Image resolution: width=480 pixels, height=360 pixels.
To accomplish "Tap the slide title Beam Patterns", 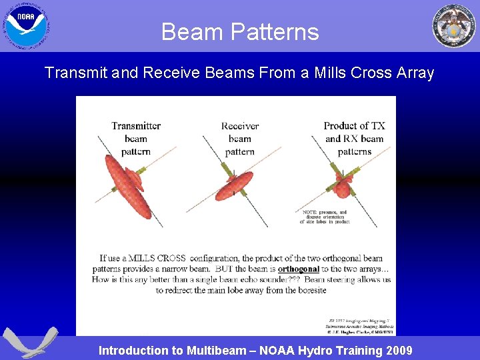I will pyautogui.click(x=240, y=32).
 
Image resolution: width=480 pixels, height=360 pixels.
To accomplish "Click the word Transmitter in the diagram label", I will pyautogui.click(x=136, y=125).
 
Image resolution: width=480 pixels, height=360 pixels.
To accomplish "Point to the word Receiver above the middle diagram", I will pyautogui.click(x=240, y=125).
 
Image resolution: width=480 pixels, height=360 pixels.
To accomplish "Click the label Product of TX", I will pyautogui.click(x=354, y=125).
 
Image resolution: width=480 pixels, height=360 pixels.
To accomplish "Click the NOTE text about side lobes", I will pyautogui.click(x=325, y=217).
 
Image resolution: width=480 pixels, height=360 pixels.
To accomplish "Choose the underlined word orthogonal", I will pyautogui.click(x=298, y=269).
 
